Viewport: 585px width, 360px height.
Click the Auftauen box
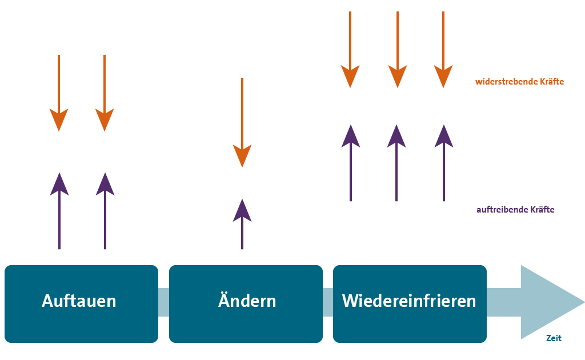coord(81,303)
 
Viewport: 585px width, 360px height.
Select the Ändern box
coord(246,303)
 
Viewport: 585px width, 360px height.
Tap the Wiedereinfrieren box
coord(410,303)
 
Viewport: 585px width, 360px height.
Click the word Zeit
coord(554,338)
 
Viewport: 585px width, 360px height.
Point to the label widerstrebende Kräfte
coord(519,82)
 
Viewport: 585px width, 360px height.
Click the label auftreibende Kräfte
coord(515,210)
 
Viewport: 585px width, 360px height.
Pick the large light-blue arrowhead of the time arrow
coord(548,302)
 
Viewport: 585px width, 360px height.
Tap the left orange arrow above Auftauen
coord(59,94)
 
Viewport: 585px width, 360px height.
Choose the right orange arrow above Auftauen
coord(105,94)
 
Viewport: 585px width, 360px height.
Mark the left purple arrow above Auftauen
coord(59,211)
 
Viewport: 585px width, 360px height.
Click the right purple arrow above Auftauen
coord(105,211)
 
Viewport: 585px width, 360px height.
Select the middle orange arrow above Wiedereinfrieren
coord(397,51)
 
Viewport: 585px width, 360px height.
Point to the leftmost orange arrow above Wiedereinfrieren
coord(350,51)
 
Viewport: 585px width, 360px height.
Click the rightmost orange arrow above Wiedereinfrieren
coord(443,51)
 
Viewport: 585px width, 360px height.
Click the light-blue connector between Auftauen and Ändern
coord(163,302)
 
